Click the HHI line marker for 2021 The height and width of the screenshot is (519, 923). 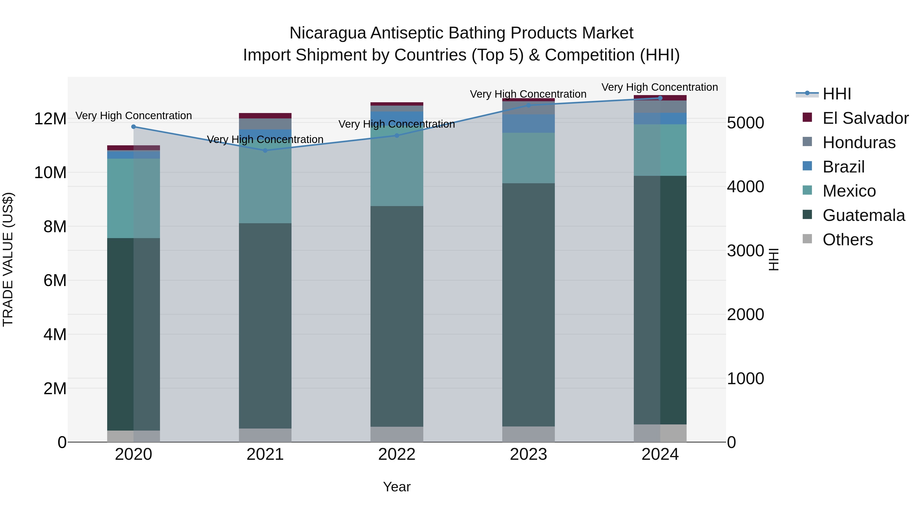pos(265,150)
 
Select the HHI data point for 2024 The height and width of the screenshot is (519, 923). pos(660,98)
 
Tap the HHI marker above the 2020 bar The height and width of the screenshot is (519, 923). pos(134,126)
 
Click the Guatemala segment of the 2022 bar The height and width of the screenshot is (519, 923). pos(397,315)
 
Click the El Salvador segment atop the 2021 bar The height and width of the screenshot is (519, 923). pos(265,116)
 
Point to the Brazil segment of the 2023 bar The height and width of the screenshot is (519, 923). pos(528,124)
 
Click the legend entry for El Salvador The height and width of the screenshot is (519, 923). pos(865,118)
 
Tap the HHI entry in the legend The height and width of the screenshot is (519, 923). pos(836,94)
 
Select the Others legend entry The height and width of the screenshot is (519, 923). pos(847,240)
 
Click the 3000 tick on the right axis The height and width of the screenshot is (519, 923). pos(745,250)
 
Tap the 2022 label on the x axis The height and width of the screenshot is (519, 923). pos(397,454)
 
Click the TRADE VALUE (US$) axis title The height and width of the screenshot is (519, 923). pos(8,259)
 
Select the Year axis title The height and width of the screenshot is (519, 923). pos(397,487)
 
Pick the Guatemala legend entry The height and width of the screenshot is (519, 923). pos(864,215)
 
